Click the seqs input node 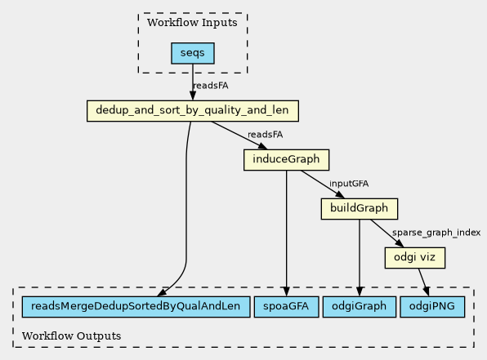[x=193, y=53]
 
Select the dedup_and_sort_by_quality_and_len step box [x=193, y=111]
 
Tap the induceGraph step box [x=286, y=160]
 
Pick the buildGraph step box [x=360, y=209]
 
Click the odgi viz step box [x=415, y=258]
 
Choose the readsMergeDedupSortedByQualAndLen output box [x=136, y=307]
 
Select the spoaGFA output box [x=286, y=307]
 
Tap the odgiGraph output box [x=360, y=307]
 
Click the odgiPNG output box [x=432, y=307]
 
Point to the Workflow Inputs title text [x=192, y=23]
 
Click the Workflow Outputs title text [x=71, y=336]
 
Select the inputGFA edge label [x=349, y=184]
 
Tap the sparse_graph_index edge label [x=436, y=233]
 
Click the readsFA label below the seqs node [x=211, y=86]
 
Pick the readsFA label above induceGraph [x=265, y=135]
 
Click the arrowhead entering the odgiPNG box [x=427, y=291]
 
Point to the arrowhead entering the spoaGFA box [x=286, y=291]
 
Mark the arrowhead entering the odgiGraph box [x=360, y=291]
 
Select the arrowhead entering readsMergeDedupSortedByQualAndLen [x=163, y=292]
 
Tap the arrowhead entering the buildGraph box [x=340, y=194]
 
